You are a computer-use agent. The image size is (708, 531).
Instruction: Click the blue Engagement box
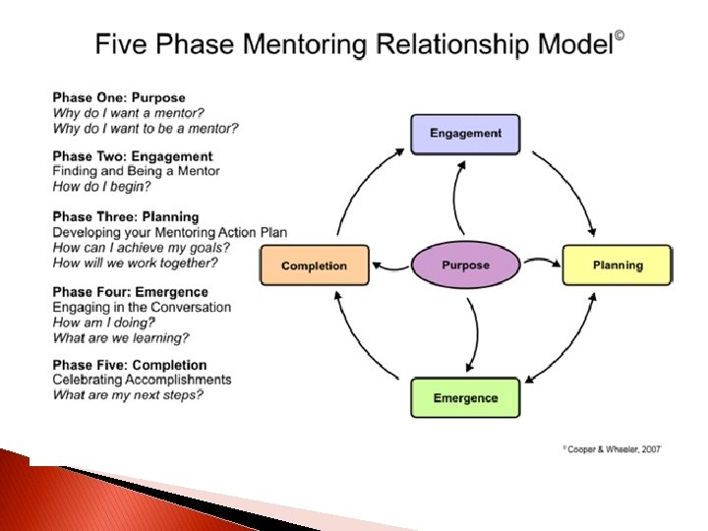[x=465, y=134]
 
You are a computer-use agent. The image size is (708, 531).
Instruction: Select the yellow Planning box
[x=617, y=265]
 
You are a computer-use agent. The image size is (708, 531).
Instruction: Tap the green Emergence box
[x=465, y=398]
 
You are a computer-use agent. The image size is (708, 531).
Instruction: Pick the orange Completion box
[x=315, y=265]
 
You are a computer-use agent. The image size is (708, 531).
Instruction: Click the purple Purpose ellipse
[x=465, y=265]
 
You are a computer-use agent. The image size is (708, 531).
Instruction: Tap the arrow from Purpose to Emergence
[x=474, y=334]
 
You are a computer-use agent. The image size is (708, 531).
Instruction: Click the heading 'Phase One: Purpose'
[x=119, y=98]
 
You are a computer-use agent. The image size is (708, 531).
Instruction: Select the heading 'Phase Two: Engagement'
[x=133, y=156]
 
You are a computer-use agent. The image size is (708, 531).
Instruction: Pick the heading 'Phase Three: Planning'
[x=126, y=217]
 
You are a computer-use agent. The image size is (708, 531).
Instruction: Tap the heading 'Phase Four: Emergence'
[x=131, y=292]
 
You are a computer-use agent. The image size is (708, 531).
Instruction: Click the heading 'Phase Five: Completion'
[x=130, y=366]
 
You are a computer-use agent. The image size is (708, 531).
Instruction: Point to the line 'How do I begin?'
[x=101, y=187]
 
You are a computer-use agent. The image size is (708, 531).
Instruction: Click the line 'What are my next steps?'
[x=128, y=395]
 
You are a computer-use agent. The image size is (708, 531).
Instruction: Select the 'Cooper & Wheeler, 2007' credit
[x=613, y=448]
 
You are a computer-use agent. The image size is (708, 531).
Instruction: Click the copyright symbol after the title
[x=619, y=38]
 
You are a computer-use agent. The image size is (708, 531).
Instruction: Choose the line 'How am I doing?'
[x=104, y=323]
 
